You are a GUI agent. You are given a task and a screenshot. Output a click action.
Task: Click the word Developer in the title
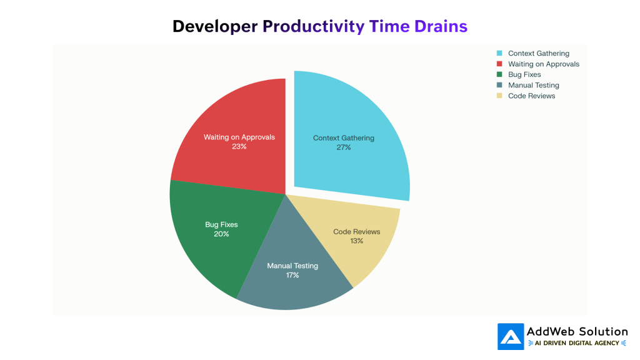tap(215, 26)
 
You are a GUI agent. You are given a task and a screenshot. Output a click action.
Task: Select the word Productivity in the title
tap(313, 26)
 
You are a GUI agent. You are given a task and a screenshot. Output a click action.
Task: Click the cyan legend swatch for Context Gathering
tap(499, 54)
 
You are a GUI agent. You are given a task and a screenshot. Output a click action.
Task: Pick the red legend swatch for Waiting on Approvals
tap(499, 64)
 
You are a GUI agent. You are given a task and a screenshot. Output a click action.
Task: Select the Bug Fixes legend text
tap(524, 75)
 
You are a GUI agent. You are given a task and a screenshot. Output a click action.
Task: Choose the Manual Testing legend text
tap(533, 86)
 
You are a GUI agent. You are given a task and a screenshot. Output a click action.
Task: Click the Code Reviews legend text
tap(531, 96)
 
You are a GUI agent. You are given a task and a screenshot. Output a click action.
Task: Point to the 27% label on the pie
tap(343, 147)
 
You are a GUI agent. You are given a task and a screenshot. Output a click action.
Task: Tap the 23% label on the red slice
tap(239, 146)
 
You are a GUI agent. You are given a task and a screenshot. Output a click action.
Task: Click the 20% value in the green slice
tap(221, 234)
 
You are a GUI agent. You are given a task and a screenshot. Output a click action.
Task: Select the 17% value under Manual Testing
tap(292, 275)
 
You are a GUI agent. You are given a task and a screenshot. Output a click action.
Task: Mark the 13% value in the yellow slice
tap(356, 241)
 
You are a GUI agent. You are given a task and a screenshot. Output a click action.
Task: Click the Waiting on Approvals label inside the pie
tap(239, 137)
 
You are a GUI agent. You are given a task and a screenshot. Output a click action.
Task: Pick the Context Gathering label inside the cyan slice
tap(343, 138)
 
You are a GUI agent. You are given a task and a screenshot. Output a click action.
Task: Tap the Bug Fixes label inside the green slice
tap(221, 224)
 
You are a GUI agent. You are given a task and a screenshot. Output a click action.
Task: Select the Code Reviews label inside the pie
tap(356, 232)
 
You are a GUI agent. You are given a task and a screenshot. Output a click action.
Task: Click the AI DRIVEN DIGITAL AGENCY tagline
tap(577, 343)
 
